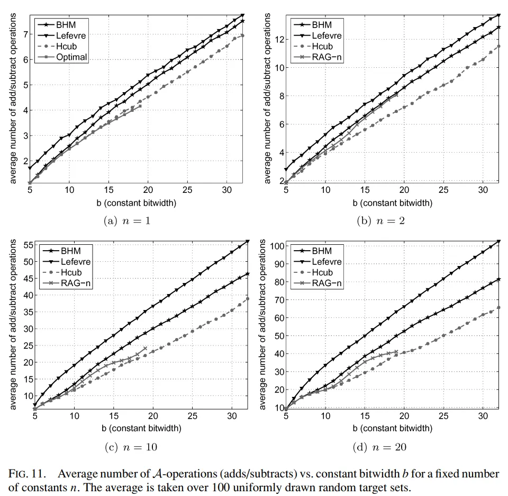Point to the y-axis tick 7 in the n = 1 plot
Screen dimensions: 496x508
pos(22,33)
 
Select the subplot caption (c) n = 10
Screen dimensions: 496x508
pos(129,447)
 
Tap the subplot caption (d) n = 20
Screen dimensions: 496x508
pos(379,447)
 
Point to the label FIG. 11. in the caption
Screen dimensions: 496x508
pos(25,473)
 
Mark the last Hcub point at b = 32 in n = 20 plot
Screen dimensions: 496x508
pos(498,307)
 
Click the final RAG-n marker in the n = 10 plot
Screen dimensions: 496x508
pos(145,349)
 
